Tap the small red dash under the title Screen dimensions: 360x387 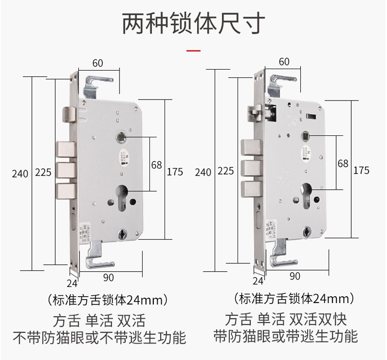point(194,51)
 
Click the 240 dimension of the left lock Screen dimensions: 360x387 point(20,173)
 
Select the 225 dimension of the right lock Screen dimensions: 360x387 point(225,172)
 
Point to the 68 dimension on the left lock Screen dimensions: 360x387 point(156,165)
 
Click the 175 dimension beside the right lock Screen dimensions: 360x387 point(361,170)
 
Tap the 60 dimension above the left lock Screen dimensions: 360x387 point(97,63)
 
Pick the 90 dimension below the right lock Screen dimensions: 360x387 point(294,276)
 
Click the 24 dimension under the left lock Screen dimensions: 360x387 point(72,283)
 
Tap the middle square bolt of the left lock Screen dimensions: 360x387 point(65,170)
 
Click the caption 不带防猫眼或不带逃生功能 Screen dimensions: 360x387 point(99,337)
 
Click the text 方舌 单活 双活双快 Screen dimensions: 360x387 point(286,320)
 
